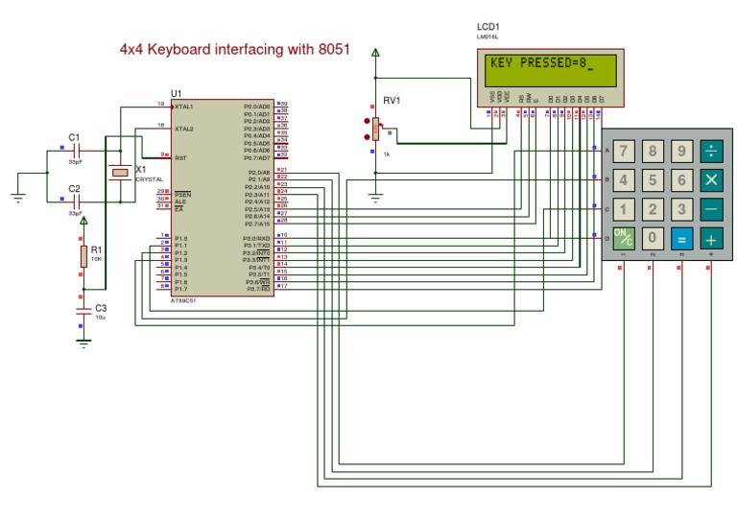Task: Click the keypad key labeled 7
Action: (625, 151)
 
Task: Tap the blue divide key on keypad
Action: (711, 151)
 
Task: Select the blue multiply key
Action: (711, 179)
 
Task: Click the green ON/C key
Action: (625, 238)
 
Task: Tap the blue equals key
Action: (681, 238)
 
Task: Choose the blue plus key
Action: (711, 238)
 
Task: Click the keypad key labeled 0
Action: (654, 238)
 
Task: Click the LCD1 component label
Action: (488, 26)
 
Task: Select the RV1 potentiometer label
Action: (391, 100)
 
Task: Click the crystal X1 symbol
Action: (120, 173)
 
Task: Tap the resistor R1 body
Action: (83, 256)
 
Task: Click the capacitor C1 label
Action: (74, 136)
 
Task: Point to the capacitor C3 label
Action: (101, 308)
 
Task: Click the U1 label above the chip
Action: (176, 93)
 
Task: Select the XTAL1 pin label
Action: (184, 106)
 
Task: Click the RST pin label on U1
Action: (180, 157)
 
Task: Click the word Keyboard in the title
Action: (198, 49)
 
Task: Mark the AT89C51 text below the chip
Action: (184, 300)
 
